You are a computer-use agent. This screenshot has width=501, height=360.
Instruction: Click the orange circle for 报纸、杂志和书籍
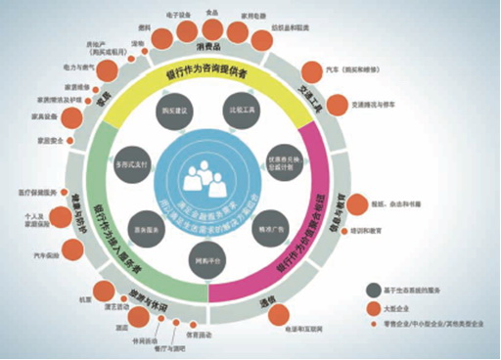click(x=361, y=202)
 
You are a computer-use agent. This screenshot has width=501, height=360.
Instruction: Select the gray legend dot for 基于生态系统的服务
click(x=376, y=290)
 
